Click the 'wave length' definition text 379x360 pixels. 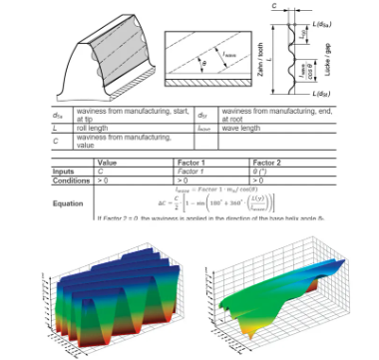pos(240,129)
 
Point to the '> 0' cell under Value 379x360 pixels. pos(104,180)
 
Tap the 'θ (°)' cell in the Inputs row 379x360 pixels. pos(263,171)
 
